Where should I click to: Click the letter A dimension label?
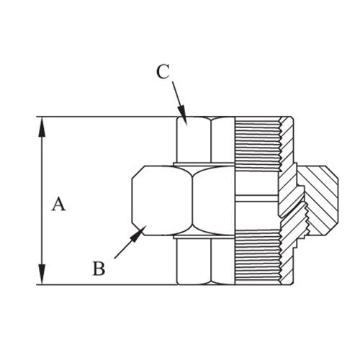pyautogui.click(x=58, y=204)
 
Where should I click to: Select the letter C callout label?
pyautogui.click(x=163, y=71)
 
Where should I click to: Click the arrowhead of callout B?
pyautogui.click(x=140, y=230)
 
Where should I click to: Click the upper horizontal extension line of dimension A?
pyautogui.click(x=108, y=117)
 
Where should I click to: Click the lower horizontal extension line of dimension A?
pyautogui.click(x=108, y=284)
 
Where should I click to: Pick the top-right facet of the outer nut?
pyautogui.click(x=222, y=140)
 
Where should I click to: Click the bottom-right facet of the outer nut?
pyautogui.click(x=222, y=260)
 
